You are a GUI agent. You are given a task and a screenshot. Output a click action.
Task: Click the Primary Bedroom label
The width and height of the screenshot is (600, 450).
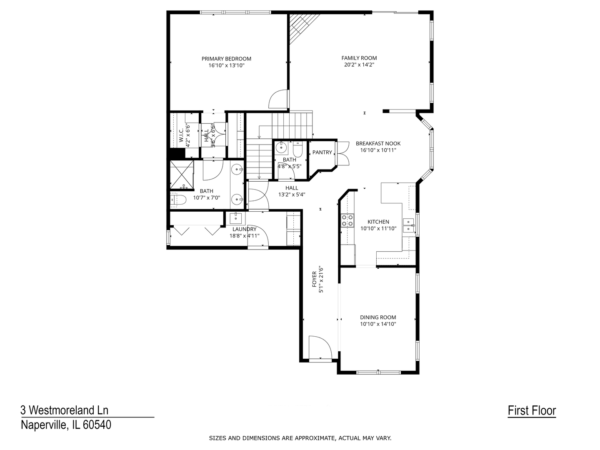point(226,59)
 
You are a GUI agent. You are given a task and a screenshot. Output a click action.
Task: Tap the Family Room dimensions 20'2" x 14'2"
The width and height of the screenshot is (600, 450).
point(359,65)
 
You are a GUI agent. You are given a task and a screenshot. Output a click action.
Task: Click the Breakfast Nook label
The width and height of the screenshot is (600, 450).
point(378,143)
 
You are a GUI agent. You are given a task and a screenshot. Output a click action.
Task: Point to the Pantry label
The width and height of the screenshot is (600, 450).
point(322,152)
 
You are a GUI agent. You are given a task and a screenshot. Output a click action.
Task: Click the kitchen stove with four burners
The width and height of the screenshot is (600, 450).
point(347,220)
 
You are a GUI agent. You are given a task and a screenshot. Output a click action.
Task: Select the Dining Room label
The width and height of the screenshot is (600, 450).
point(378,317)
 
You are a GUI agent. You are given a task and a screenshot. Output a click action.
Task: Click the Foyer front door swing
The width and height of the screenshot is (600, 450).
point(320,347)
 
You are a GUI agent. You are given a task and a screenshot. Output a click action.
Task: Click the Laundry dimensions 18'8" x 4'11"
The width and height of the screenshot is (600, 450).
point(244,235)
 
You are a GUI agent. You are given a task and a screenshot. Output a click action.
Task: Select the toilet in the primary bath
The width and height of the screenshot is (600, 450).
point(178,200)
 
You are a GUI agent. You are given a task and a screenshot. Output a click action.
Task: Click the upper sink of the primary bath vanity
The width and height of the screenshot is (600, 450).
point(237,170)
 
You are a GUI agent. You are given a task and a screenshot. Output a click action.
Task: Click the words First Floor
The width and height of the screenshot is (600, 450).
point(532,410)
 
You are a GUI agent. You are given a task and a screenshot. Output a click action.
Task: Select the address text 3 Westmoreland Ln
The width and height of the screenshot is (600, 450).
point(65,410)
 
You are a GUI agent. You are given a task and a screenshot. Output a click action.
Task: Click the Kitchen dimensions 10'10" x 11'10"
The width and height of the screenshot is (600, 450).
point(378,228)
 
